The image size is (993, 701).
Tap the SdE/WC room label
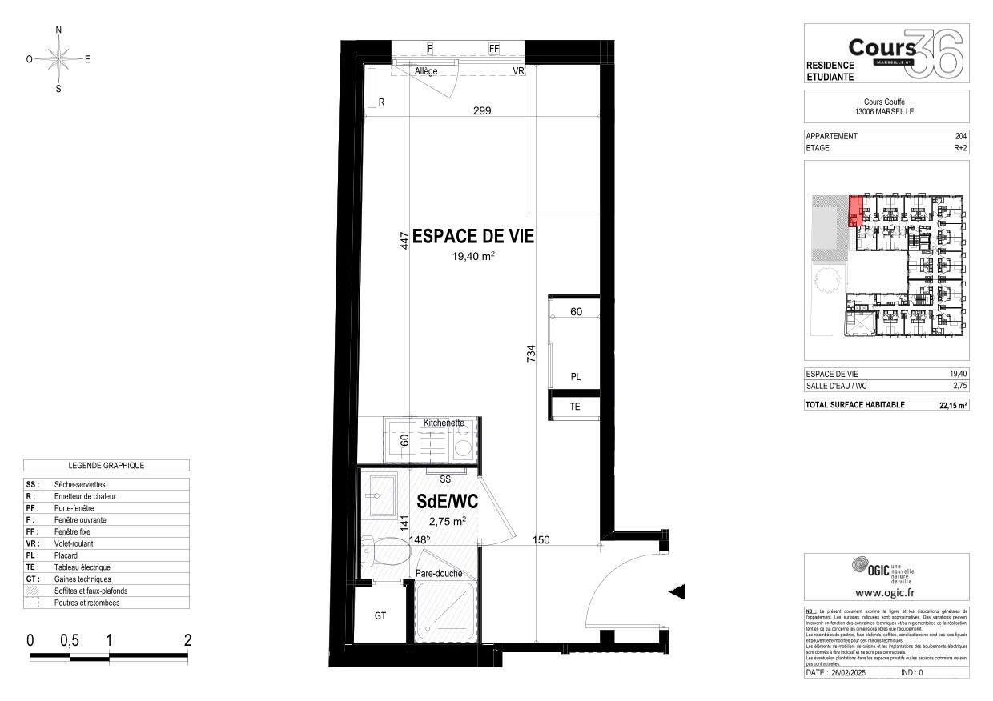click(447, 501)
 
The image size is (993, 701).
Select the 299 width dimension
click(481, 111)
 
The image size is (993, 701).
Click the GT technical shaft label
click(381, 617)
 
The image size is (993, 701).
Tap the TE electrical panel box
click(573, 407)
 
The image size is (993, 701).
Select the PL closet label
click(575, 376)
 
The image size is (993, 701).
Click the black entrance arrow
click(677, 592)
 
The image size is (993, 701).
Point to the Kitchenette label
click(444, 422)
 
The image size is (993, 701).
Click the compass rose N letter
click(58, 30)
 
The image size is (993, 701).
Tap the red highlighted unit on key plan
click(856, 210)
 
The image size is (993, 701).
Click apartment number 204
click(961, 136)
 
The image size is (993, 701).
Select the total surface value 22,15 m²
click(953, 405)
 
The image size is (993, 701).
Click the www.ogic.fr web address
click(886, 593)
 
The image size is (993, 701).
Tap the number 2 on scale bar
click(187, 640)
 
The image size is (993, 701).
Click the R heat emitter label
click(382, 101)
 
